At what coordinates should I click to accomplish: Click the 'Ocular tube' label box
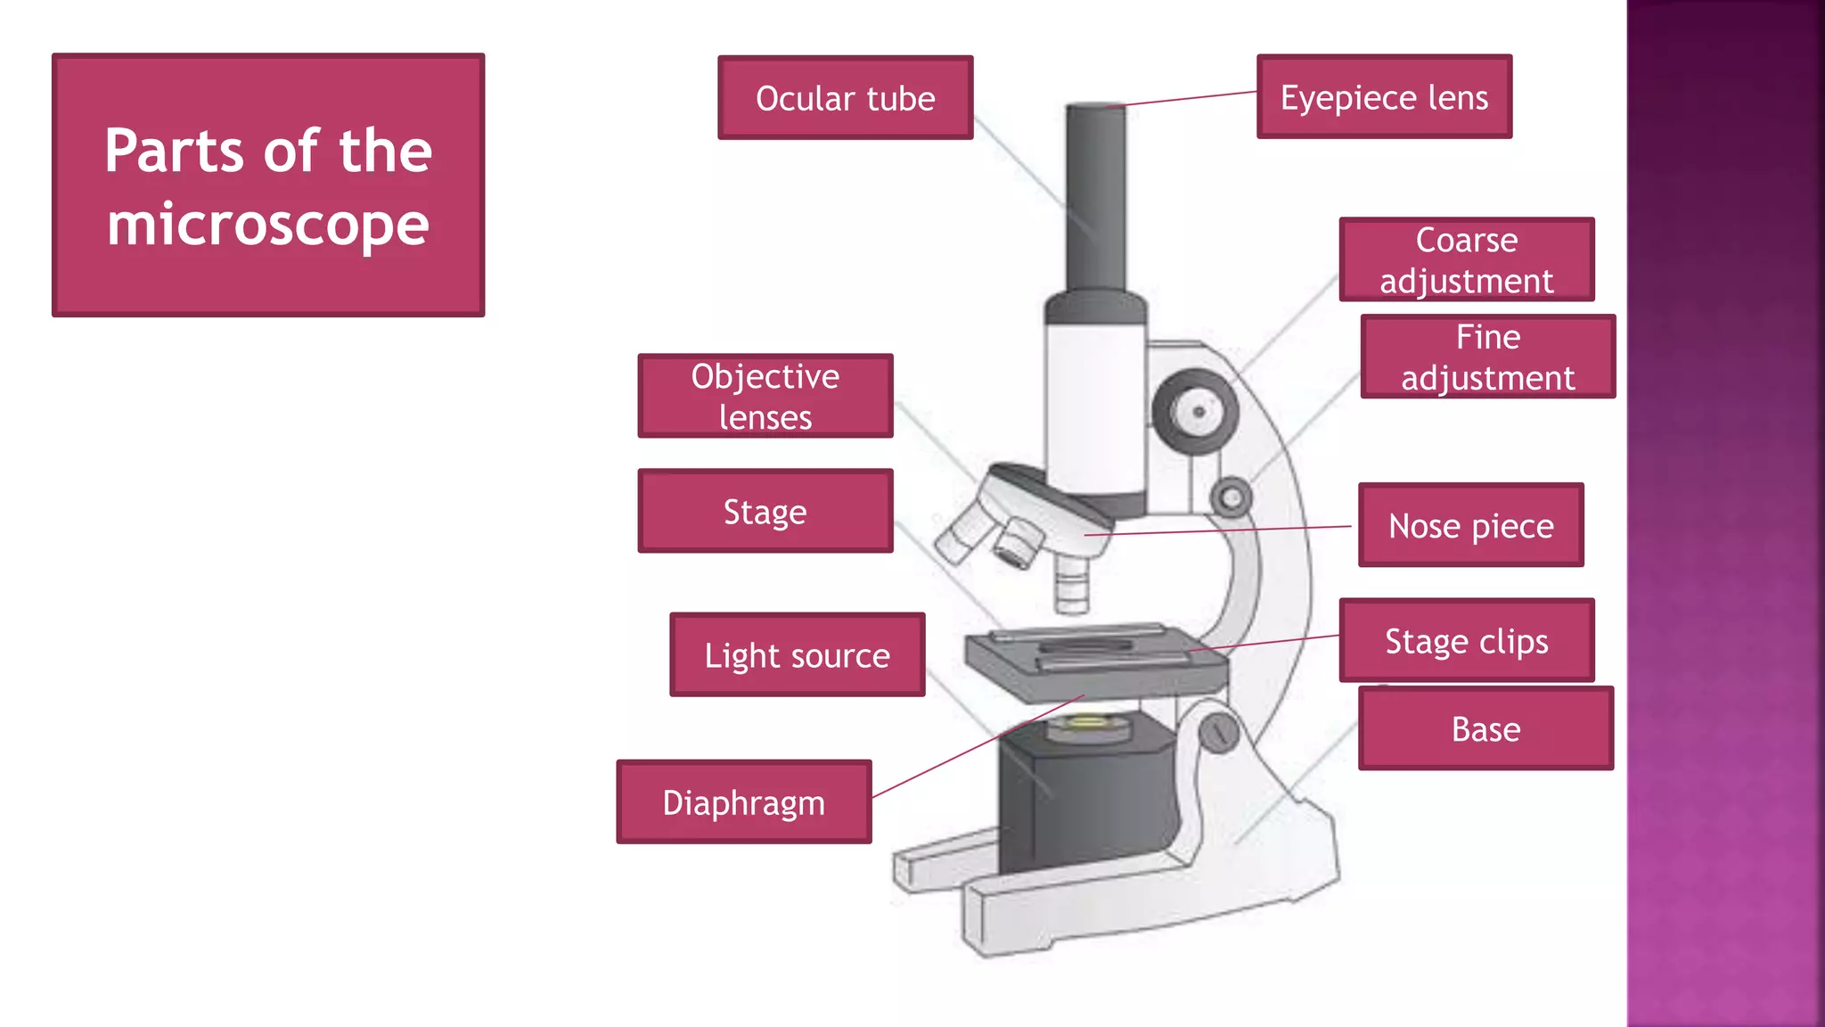point(845,97)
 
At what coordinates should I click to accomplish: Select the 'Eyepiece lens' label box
point(1384,96)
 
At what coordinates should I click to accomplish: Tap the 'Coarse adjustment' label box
point(1466,259)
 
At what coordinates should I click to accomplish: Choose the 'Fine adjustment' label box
point(1487,357)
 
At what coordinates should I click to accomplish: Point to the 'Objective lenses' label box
point(765,396)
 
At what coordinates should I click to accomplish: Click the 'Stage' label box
point(765,511)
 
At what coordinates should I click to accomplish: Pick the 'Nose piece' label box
point(1470,525)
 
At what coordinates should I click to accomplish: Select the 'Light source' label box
point(797,654)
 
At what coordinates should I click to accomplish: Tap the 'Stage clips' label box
point(1466,640)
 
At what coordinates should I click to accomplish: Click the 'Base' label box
point(1485,728)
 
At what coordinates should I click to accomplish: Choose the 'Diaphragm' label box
point(743,801)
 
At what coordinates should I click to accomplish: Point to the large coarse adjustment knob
point(1195,412)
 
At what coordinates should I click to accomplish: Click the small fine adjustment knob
point(1231,497)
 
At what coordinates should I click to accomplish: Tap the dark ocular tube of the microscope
point(1096,196)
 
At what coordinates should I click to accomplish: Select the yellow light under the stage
point(1086,721)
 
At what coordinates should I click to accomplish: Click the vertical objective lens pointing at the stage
point(1071,584)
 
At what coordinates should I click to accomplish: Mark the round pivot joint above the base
point(1217,733)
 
